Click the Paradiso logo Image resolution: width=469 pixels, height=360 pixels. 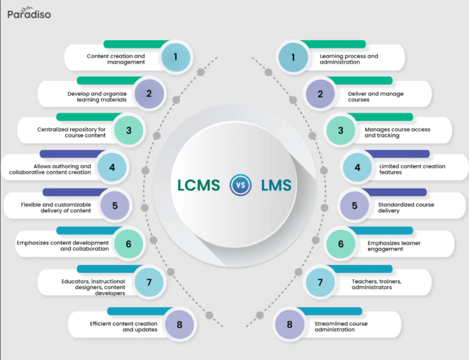click(x=29, y=13)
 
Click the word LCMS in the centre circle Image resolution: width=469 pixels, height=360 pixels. click(x=199, y=186)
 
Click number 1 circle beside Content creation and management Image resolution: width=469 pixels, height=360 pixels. click(x=176, y=58)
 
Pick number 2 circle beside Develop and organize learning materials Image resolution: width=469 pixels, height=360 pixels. click(x=149, y=94)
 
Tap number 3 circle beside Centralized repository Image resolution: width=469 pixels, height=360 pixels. click(x=129, y=130)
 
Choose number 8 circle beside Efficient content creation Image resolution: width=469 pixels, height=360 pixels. click(x=179, y=324)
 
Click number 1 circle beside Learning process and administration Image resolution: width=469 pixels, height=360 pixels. click(x=293, y=58)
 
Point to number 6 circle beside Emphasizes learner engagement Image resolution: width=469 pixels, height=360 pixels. click(x=340, y=244)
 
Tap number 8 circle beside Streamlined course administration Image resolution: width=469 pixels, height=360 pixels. click(x=289, y=324)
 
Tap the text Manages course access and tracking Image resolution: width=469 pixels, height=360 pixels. click(x=397, y=132)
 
